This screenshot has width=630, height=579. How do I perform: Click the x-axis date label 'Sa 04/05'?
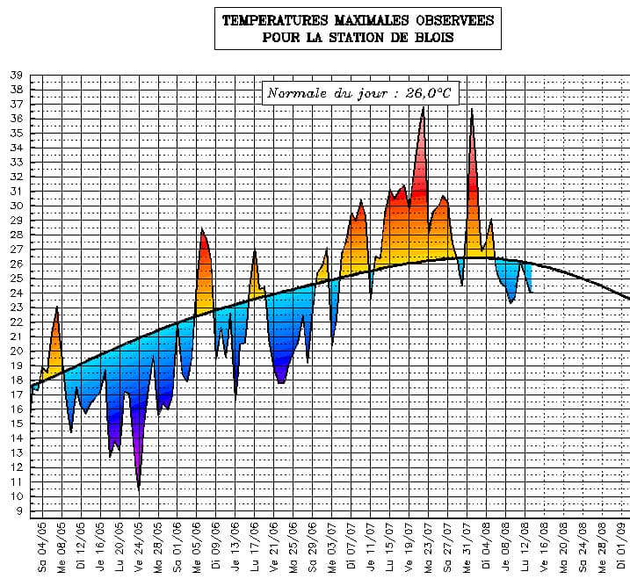point(42,547)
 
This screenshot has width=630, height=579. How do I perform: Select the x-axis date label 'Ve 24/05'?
point(139,547)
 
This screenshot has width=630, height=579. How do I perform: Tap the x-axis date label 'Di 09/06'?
point(216,547)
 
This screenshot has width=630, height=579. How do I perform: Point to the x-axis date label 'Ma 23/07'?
point(429,547)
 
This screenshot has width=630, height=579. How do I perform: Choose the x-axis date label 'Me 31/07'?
point(467,547)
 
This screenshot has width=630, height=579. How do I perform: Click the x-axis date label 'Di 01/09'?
point(623,547)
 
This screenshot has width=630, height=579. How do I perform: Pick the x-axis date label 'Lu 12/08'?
point(525,547)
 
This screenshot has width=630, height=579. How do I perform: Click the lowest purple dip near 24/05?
point(139,487)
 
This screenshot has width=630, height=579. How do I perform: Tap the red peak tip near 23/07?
point(424,108)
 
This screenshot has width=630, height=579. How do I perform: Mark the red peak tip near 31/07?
point(472,109)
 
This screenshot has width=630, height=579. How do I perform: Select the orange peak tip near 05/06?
point(202,230)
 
